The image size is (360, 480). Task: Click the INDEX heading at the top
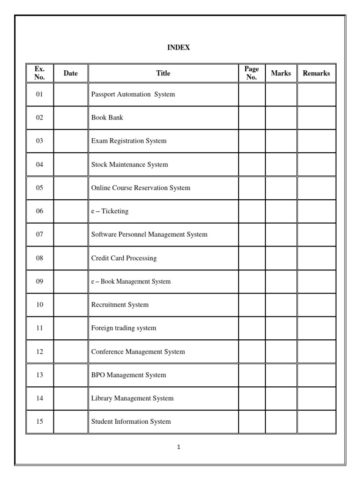(179, 48)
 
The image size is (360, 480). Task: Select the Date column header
(71, 73)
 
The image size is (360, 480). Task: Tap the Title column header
(163, 73)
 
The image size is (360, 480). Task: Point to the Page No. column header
(252, 73)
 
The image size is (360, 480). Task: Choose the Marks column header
(281, 73)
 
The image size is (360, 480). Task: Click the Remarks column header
(316, 73)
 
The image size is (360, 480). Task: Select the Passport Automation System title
(133, 94)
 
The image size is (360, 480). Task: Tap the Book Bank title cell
(107, 118)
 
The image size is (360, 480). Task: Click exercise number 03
(39, 141)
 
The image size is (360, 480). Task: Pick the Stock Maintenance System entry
(129, 165)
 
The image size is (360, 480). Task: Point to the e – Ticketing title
(110, 211)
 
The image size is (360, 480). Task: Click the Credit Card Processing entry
(124, 258)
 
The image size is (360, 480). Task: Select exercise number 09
(39, 281)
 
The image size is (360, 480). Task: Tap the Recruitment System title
(120, 305)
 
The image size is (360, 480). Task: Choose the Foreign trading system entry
(124, 328)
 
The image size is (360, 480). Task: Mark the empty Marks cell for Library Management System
(281, 398)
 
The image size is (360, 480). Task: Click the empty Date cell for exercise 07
(71, 234)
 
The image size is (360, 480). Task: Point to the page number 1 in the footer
(179, 447)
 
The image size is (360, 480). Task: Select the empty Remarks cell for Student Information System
(316, 421)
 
